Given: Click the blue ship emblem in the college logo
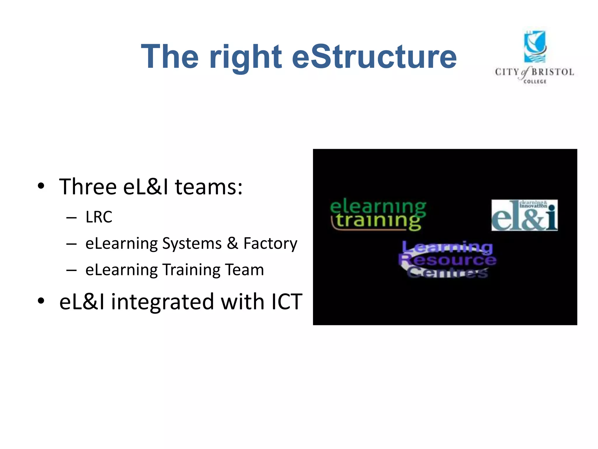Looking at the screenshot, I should [x=535, y=47].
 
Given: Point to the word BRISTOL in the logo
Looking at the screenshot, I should [x=552, y=72].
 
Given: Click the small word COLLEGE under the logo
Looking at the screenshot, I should [x=535, y=82].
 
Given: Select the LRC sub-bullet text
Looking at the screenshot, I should [x=99, y=217].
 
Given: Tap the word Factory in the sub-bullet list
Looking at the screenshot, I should [x=270, y=244].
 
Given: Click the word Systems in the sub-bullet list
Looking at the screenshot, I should [x=192, y=244].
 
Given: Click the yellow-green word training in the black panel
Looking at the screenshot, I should [x=378, y=221].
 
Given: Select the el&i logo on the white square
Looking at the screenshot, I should [x=524, y=215].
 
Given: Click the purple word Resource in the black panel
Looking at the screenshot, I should [x=448, y=259].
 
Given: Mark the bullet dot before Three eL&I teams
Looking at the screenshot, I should [x=41, y=186].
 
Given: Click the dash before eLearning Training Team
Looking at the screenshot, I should [x=71, y=270].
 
